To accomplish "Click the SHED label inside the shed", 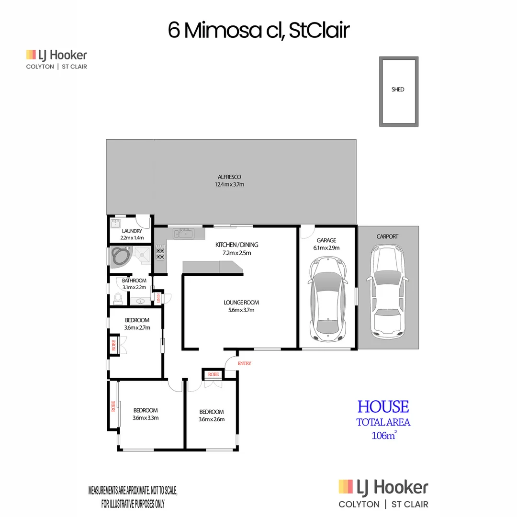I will (x=397, y=90).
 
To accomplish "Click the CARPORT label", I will (x=387, y=236).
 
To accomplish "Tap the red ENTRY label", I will (x=244, y=364).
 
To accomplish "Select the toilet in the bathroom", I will (x=118, y=298).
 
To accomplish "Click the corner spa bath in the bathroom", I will (x=120, y=257).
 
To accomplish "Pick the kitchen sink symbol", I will (x=184, y=234).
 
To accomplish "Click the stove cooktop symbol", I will (x=160, y=253).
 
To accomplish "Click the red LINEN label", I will (x=158, y=298).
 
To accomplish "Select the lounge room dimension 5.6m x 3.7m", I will (x=241, y=310).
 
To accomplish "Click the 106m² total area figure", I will (x=383, y=435).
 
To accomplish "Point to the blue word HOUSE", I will (x=383, y=407).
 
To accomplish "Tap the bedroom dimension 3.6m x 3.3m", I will (x=146, y=417).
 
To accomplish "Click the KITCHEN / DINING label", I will (x=237, y=245).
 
